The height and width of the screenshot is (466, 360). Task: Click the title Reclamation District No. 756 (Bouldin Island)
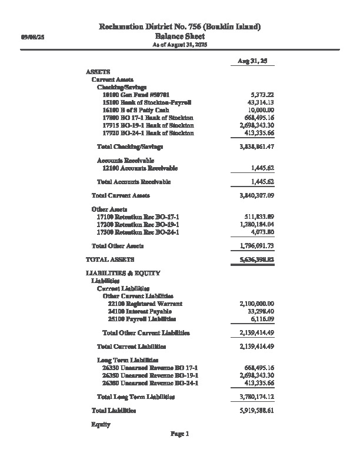point(179,27)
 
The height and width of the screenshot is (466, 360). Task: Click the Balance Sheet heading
point(179,36)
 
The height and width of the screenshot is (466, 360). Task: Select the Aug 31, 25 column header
point(252,61)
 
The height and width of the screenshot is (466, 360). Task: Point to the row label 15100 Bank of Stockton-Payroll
point(146,102)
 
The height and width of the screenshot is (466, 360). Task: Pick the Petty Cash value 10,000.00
point(261,110)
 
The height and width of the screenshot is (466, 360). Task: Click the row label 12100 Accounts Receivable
point(140,168)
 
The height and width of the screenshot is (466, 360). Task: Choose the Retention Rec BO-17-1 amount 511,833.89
point(259,217)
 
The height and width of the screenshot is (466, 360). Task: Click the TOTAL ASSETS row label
point(110,259)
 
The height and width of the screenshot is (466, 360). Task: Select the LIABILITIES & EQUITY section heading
point(122,274)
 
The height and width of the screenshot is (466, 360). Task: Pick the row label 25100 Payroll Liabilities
point(142,318)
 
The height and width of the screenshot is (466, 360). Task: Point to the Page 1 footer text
point(179,434)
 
